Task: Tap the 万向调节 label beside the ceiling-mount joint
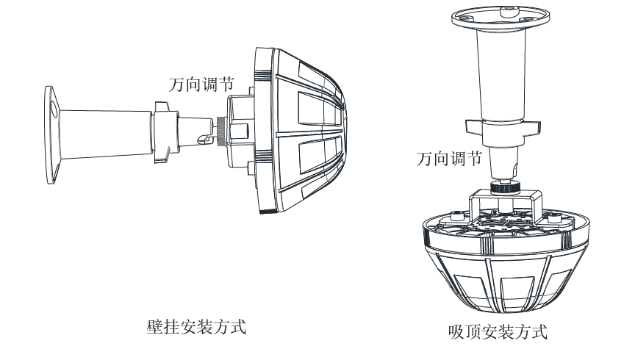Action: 448,158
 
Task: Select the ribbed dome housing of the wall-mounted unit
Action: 301,132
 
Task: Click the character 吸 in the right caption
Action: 456,331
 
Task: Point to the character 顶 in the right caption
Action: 472,331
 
